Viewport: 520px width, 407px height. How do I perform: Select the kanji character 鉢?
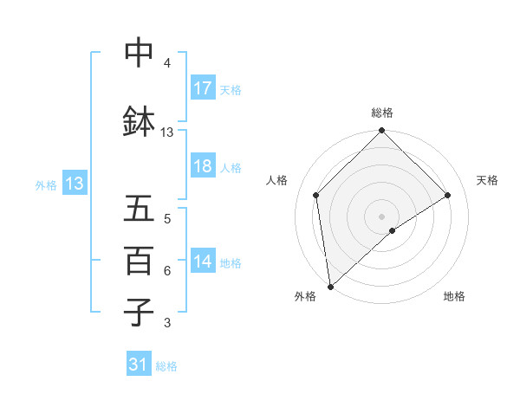click(x=140, y=121)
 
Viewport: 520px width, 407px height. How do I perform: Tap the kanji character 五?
click(x=140, y=209)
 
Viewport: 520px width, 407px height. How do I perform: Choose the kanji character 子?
click(x=140, y=312)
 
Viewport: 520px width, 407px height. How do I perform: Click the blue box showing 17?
click(x=203, y=88)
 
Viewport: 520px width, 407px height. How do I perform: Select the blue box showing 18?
click(x=203, y=167)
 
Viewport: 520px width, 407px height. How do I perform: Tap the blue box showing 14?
click(x=203, y=262)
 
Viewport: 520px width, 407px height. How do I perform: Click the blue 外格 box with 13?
click(x=74, y=184)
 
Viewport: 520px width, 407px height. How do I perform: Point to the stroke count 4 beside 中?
click(x=167, y=63)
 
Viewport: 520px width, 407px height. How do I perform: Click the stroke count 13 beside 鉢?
click(x=167, y=132)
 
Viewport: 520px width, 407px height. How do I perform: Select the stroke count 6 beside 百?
click(x=167, y=271)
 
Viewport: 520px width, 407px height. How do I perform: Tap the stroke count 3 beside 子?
click(x=167, y=323)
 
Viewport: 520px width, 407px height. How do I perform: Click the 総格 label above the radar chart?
click(x=381, y=113)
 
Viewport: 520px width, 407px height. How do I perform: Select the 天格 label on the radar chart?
click(x=487, y=180)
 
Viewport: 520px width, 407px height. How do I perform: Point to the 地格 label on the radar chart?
click(x=454, y=296)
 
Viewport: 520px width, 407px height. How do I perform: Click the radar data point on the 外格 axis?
click(x=330, y=287)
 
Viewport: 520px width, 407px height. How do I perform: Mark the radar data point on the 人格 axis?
click(x=316, y=195)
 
